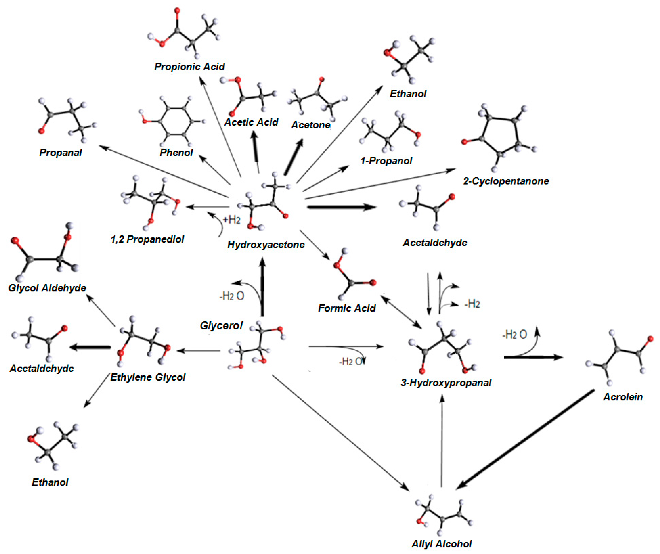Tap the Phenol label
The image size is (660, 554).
[x=176, y=153]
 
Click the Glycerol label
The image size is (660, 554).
[x=221, y=326]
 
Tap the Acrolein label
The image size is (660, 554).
[x=623, y=397]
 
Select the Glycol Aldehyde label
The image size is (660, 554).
[x=47, y=288]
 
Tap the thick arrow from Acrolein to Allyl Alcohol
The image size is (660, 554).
[x=525, y=439]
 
